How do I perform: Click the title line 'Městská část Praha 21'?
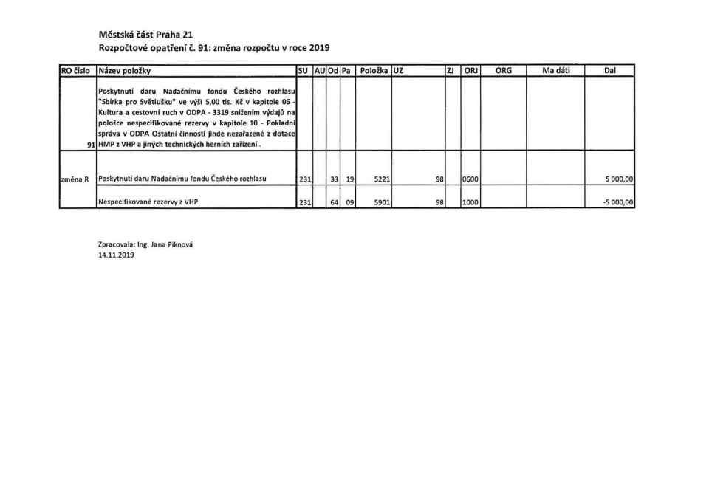[140, 34]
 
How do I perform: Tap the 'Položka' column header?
[374, 70]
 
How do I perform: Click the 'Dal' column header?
[609, 70]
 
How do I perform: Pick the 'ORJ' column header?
[470, 70]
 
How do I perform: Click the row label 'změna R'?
[75, 179]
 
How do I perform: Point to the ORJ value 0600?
[470, 179]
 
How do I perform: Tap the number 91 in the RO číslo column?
[91, 145]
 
